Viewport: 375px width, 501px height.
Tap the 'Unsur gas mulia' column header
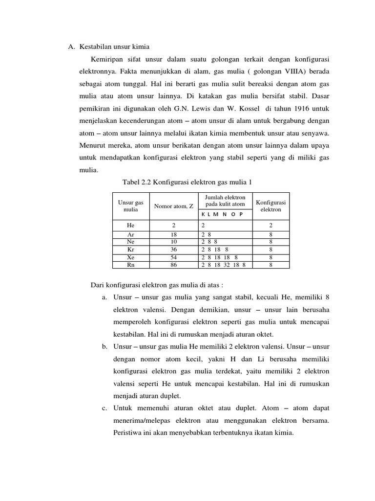(x=131, y=205)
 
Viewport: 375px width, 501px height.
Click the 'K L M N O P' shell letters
(x=222, y=215)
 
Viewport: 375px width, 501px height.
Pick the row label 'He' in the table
(x=130, y=226)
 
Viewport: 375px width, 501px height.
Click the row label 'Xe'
(x=130, y=257)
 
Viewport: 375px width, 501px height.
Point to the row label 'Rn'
(x=130, y=265)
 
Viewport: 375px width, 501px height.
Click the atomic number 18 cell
(x=174, y=235)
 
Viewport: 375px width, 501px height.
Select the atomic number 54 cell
(x=174, y=257)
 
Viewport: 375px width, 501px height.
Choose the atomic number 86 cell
(x=174, y=265)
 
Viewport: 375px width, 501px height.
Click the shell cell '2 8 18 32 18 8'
(x=224, y=265)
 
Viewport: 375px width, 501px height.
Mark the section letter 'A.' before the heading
(x=71, y=46)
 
